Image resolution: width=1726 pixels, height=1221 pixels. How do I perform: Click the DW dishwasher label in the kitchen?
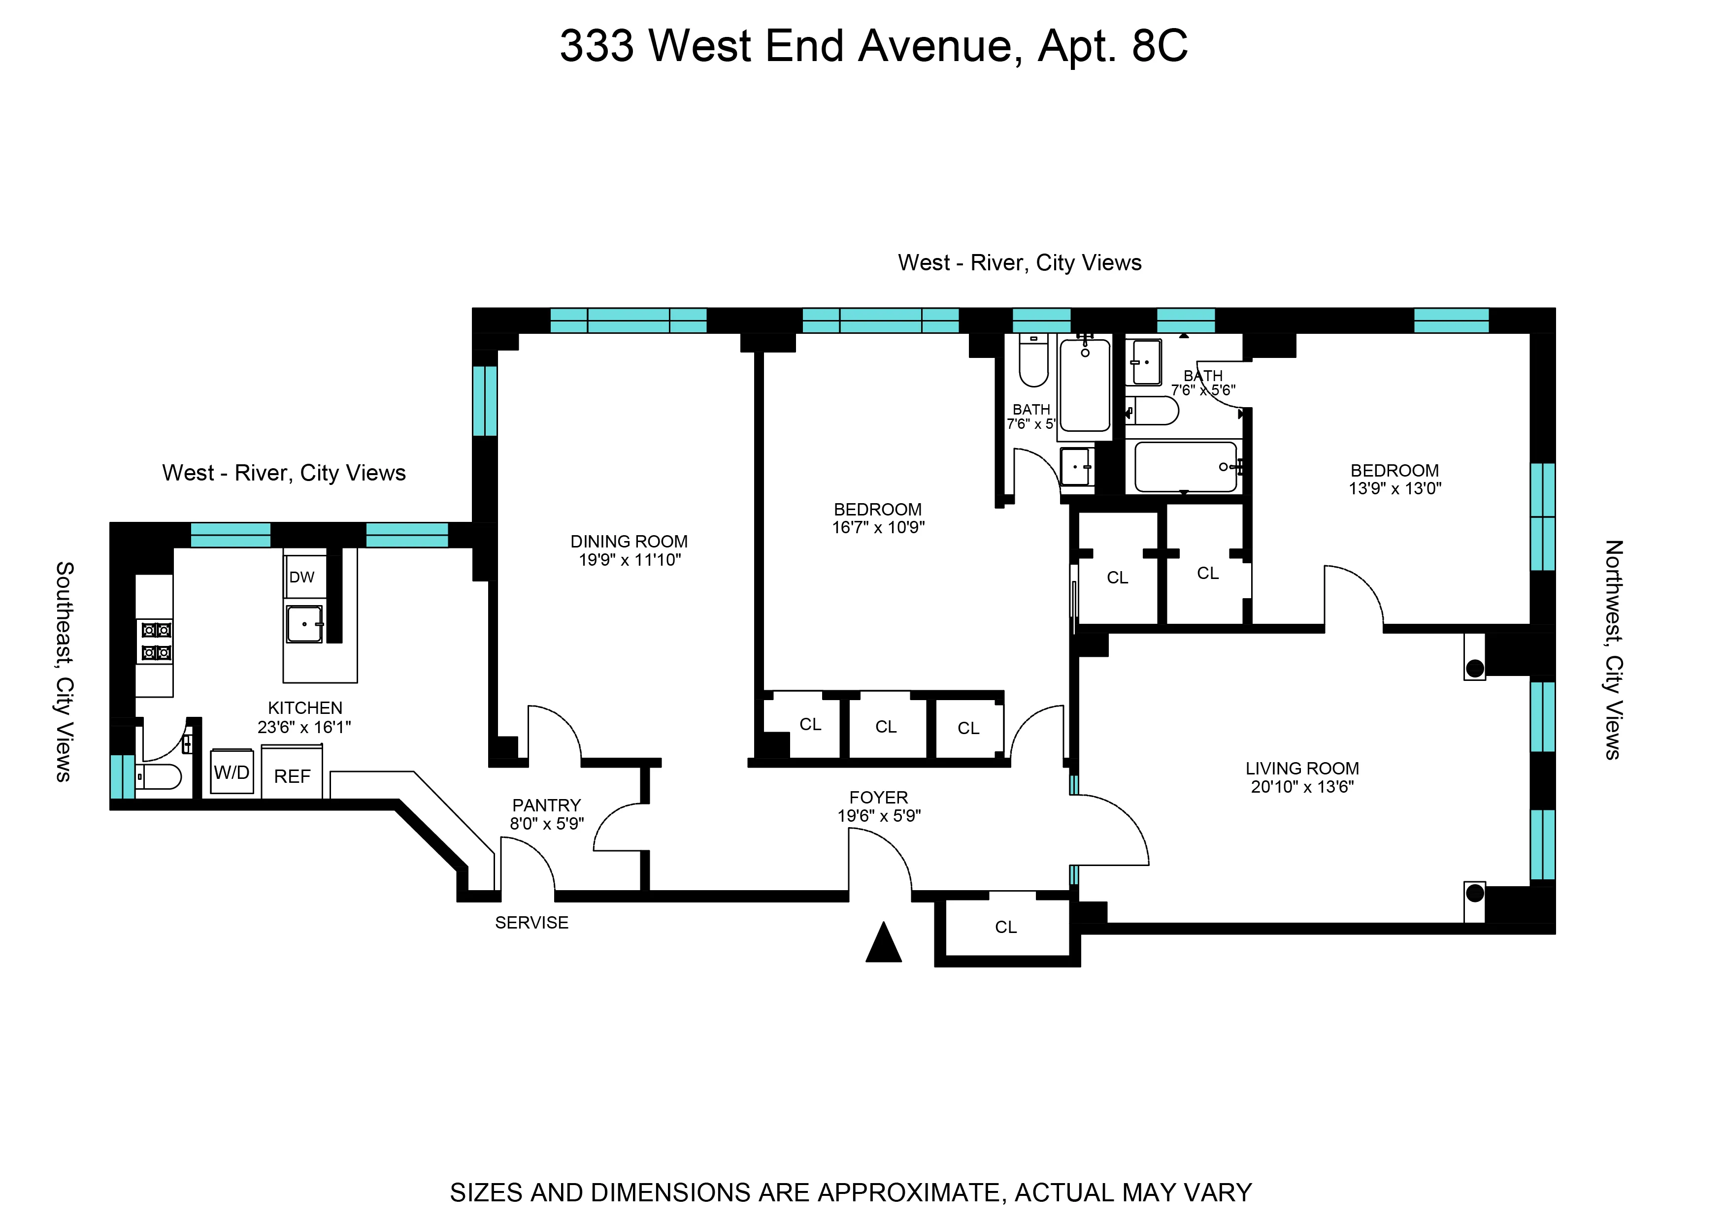[301, 578]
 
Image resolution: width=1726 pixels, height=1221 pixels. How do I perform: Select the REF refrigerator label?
[292, 776]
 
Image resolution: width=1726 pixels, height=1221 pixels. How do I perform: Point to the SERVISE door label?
[531, 923]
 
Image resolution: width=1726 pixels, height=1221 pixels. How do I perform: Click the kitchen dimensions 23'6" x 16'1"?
[304, 727]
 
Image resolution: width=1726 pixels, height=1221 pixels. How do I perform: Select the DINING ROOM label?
[629, 542]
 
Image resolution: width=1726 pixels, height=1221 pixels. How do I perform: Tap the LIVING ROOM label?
[1302, 769]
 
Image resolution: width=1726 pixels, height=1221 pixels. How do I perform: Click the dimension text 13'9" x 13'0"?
[1394, 489]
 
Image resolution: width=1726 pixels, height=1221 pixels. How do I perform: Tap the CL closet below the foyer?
[1005, 927]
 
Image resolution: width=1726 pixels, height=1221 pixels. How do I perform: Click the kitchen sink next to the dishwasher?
[304, 624]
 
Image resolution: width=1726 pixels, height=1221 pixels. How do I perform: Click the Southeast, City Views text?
[65, 672]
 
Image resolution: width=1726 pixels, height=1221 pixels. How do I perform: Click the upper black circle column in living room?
[1475, 668]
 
